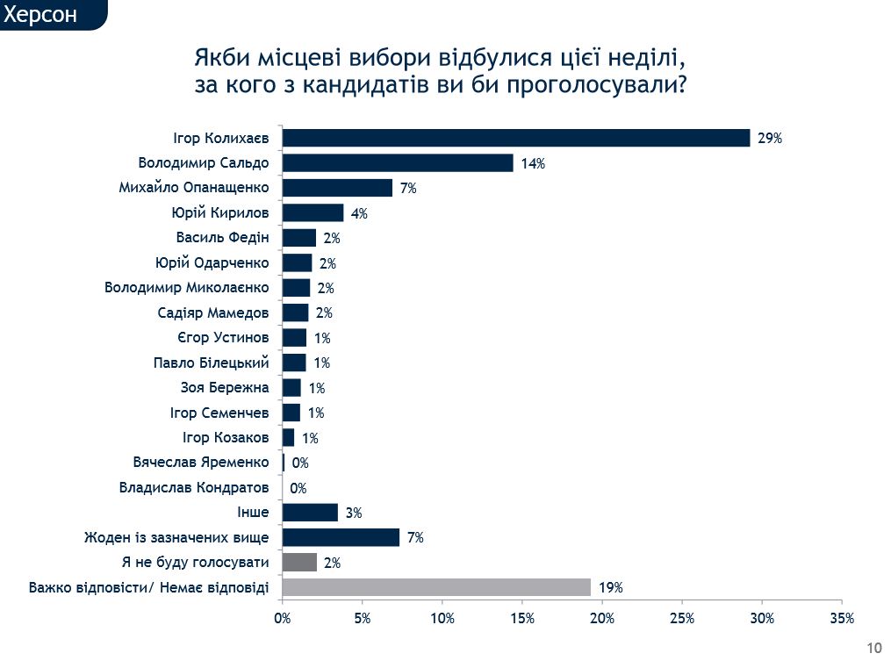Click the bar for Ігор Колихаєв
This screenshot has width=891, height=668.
click(516, 138)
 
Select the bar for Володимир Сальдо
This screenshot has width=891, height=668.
click(398, 163)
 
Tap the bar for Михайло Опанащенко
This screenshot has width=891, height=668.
click(337, 188)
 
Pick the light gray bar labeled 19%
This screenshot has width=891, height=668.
click(436, 587)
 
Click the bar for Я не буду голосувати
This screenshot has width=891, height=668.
click(299, 563)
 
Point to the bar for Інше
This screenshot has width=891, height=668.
click(310, 513)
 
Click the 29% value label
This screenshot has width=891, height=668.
click(769, 139)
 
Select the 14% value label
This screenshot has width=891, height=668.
click(533, 164)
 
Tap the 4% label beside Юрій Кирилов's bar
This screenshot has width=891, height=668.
click(359, 213)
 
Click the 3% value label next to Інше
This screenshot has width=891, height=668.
click(354, 514)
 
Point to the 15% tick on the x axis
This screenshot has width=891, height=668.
click(522, 618)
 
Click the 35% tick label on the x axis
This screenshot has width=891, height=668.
click(841, 618)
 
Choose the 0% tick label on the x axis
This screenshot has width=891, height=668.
click(283, 618)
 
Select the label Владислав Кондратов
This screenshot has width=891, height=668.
click(194, 487)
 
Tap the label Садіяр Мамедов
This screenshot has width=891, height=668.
click(213, 312)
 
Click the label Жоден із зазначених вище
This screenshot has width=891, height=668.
click(176, 537)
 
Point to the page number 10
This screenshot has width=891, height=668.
click(873, 649)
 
